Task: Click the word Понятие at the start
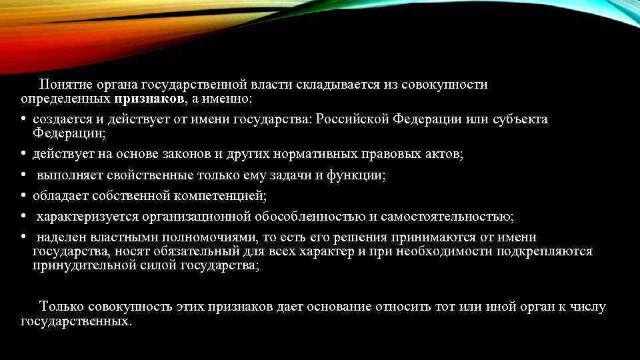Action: [x=64, y=85]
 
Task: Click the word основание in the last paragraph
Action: [x=345, y=307]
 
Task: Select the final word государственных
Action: [x=75, y=321]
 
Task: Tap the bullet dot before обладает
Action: [x=23, y=196]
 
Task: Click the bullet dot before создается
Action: [x=23, y=119]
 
